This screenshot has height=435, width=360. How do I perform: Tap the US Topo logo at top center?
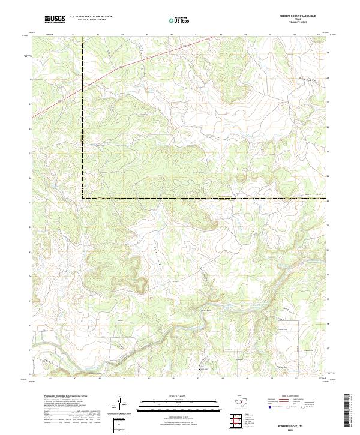(180, 20)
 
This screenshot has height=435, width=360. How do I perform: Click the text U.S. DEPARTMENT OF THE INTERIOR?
(91, 17)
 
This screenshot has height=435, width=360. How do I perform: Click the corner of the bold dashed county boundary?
(83, 197)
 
